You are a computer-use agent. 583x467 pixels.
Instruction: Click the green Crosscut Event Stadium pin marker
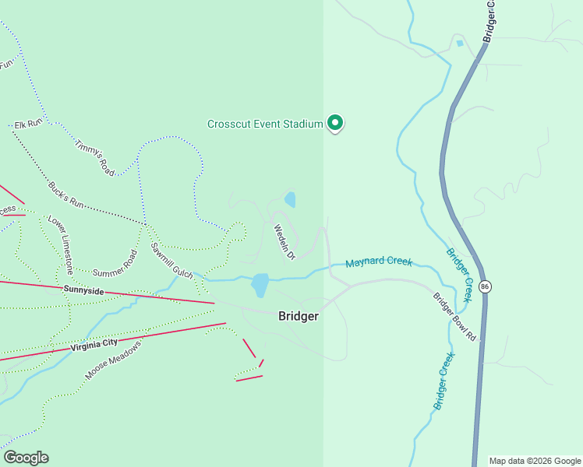pos(335,122)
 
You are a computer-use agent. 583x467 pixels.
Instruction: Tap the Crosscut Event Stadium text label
pos(265,124)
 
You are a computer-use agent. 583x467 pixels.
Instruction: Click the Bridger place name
pos(299,317)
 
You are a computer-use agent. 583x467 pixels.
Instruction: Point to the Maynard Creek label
pos(379,263)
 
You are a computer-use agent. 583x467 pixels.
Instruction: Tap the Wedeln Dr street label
pos(284,242)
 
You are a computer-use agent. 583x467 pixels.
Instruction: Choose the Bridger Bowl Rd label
pos(454,316)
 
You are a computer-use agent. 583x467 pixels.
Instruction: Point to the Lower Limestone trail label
pos(61,245)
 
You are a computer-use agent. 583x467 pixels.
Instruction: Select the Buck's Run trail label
pos(65,194)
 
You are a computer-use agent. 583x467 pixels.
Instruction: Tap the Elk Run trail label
pos(27,125)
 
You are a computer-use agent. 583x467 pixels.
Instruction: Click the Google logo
pos(26,458)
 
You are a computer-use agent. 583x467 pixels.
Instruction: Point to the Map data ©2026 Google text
pos(535,461)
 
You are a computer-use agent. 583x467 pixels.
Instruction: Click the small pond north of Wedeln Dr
pos(290,199)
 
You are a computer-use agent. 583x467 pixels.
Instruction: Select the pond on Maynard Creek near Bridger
pos(260,284)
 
